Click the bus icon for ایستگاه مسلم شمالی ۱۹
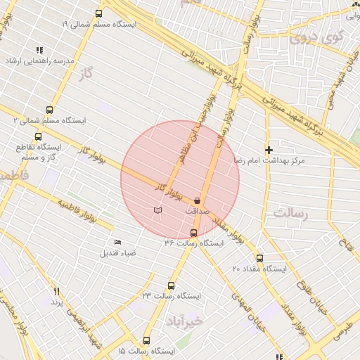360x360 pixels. pyautogui.click(x=98, y=13)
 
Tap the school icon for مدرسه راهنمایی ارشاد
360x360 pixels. pyautogui.click(x=39, y=50)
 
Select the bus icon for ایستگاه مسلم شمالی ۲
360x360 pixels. pyautogui.click(x=49, y=110)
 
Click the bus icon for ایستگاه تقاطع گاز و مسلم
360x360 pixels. pyautogui.click(x=38, y=136)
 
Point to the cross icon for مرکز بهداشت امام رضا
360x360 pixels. pyautogui.click(x=268, y=150)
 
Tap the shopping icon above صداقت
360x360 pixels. pyautogui.click(x=197, y=201)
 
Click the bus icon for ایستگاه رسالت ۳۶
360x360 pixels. pyautogui.click(x=194, y=233)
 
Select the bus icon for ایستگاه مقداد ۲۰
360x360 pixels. pyautogui.click(x=259, y=258)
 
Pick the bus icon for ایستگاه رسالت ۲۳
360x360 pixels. pyautogui.click(x=171, y=285)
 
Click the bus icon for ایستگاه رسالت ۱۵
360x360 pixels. pyautogui.click(x=146, y=340)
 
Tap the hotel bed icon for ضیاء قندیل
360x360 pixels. pyautogui.click(x=117, y=243)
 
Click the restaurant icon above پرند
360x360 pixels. pyautogui.click(x=57, y=290)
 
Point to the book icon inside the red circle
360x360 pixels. pyautogui.click(x=157, y=210)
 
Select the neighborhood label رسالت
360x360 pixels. pyautogui.click(x=288, y=212)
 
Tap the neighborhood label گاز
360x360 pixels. pyautogui.click(x=87, y=72)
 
